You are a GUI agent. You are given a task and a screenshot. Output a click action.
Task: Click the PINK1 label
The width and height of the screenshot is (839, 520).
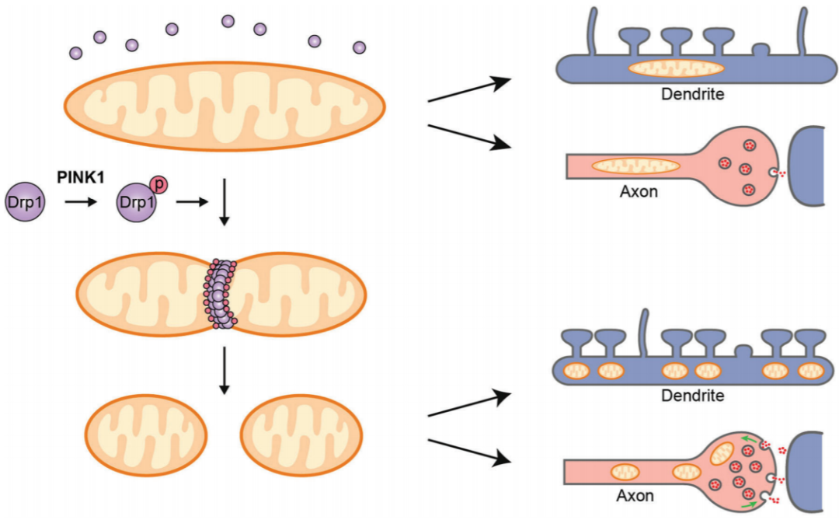(x=81, y=177)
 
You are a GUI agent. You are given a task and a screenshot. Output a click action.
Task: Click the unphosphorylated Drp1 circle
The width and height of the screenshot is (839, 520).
(x=25, y=202)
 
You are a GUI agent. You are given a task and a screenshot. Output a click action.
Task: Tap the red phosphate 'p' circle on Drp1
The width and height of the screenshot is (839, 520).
(x=159, y=185)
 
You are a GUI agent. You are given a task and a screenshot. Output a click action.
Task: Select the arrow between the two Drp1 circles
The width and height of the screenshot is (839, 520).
(x=81, y=202)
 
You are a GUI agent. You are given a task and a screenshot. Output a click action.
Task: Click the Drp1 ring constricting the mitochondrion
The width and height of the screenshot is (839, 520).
(x=220, y=294)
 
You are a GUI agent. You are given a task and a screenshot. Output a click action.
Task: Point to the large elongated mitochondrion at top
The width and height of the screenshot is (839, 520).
(x=225, y=106)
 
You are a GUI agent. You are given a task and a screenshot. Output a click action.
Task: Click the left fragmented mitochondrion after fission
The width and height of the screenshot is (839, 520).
(x=146, y=434)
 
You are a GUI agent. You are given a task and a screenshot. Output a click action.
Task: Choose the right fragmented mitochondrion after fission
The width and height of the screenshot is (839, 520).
(x=301, y=434)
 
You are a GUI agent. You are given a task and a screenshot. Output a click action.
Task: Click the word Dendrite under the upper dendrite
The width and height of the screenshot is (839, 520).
(x=692, y=94)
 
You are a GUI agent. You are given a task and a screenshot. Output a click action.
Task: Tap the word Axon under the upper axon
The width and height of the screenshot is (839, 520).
(x=639, y=191)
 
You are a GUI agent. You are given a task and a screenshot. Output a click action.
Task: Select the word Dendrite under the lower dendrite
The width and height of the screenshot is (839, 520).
(x=692, y=396)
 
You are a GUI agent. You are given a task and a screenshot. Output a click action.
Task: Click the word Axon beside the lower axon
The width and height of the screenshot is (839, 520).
(x=635, y=495)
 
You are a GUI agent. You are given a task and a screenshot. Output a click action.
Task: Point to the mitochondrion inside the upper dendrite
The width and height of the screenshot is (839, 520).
(x=677, y=68)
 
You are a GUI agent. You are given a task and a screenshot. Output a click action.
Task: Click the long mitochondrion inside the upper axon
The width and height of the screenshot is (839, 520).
(x=635, y=166)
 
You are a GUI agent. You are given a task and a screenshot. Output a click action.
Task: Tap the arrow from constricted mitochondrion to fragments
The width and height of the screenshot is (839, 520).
(x=225, y=371)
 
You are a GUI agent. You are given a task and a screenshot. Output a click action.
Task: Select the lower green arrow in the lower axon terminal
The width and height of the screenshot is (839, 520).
(x=749, y=504)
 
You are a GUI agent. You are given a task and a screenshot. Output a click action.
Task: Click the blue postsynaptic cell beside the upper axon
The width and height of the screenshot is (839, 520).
(x=808, y=166)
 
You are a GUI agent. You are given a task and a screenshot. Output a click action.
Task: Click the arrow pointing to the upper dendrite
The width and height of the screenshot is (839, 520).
(x=470, y=89)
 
